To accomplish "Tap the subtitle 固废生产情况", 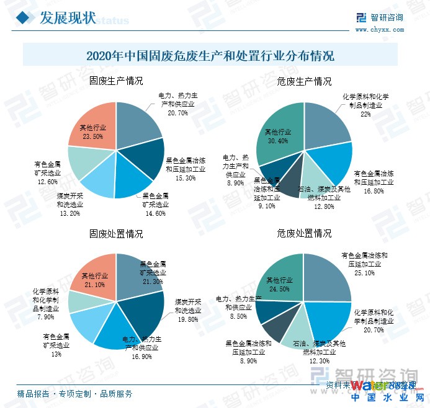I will click(116, 81).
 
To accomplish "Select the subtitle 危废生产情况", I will click(304, 81).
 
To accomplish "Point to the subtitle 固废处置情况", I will click(116, 234).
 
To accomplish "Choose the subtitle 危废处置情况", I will click(304, 234).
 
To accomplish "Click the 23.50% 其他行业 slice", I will click(93, 132).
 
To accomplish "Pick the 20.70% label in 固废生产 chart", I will click(178, 113).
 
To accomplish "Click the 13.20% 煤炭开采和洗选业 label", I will click(69, 215).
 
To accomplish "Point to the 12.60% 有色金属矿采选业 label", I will click(47, 182).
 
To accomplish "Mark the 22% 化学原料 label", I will click(365, 113).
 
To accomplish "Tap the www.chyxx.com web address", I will click(380, 29).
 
